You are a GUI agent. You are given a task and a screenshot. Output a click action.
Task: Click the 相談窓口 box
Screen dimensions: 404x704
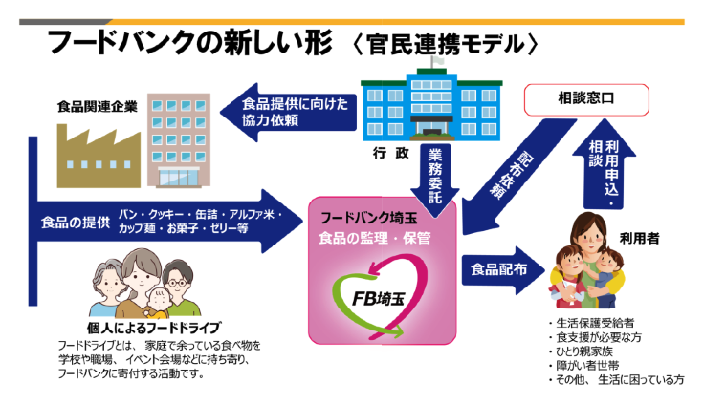click(x=587, y=97)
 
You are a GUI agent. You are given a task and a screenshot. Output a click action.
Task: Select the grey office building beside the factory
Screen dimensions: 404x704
click(x=177, y=138)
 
